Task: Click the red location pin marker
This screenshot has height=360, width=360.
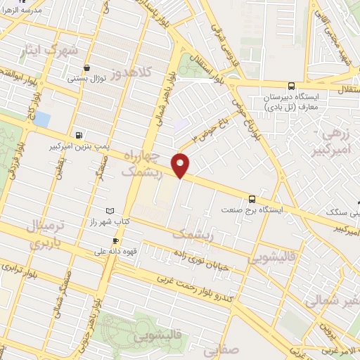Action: click(x=181, y=165)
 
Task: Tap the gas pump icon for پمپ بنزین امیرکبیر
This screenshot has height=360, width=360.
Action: click(x=78, y=136)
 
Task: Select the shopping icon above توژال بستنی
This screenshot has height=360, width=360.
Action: click(x=86, y=68)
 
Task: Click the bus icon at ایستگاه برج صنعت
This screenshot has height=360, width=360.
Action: click(x=252, y=199)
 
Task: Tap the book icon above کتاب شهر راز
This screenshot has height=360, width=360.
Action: click(x=108, y=211)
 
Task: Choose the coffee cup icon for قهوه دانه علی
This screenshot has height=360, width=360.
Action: click(x=115, y=240)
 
